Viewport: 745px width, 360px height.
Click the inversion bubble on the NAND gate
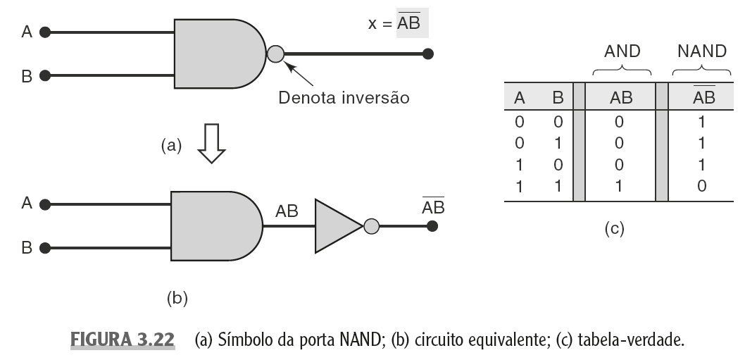tap(276, 53)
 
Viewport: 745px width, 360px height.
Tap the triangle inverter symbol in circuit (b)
tap(337, 226)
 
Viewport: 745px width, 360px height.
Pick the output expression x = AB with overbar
tap(398, 23)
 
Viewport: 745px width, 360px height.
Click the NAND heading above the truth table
tap(701, 51)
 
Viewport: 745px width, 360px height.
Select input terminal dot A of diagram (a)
tap(46, 32)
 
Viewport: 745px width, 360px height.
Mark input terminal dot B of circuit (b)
tap(46, 248)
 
